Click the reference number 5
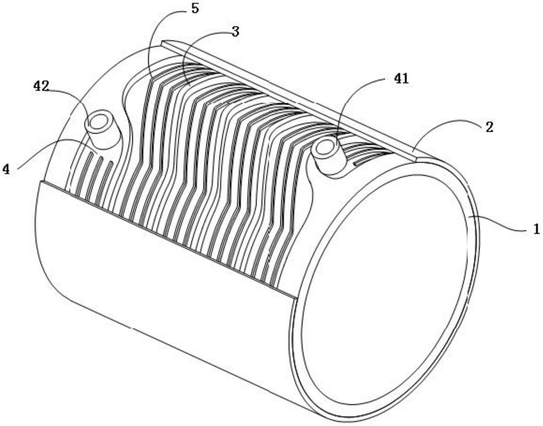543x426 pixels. click(x=195, y=8)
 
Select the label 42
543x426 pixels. click(x=41, y=86)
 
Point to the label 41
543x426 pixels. click(x=401, y=79)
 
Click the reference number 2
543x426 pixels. click(x=489, y=127)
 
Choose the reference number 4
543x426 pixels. click(x=6, y=170)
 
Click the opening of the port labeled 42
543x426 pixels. click(x=98, y=122)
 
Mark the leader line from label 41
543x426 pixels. click(x=351, y=99)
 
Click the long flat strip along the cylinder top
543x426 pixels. click(x=288, y=99)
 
